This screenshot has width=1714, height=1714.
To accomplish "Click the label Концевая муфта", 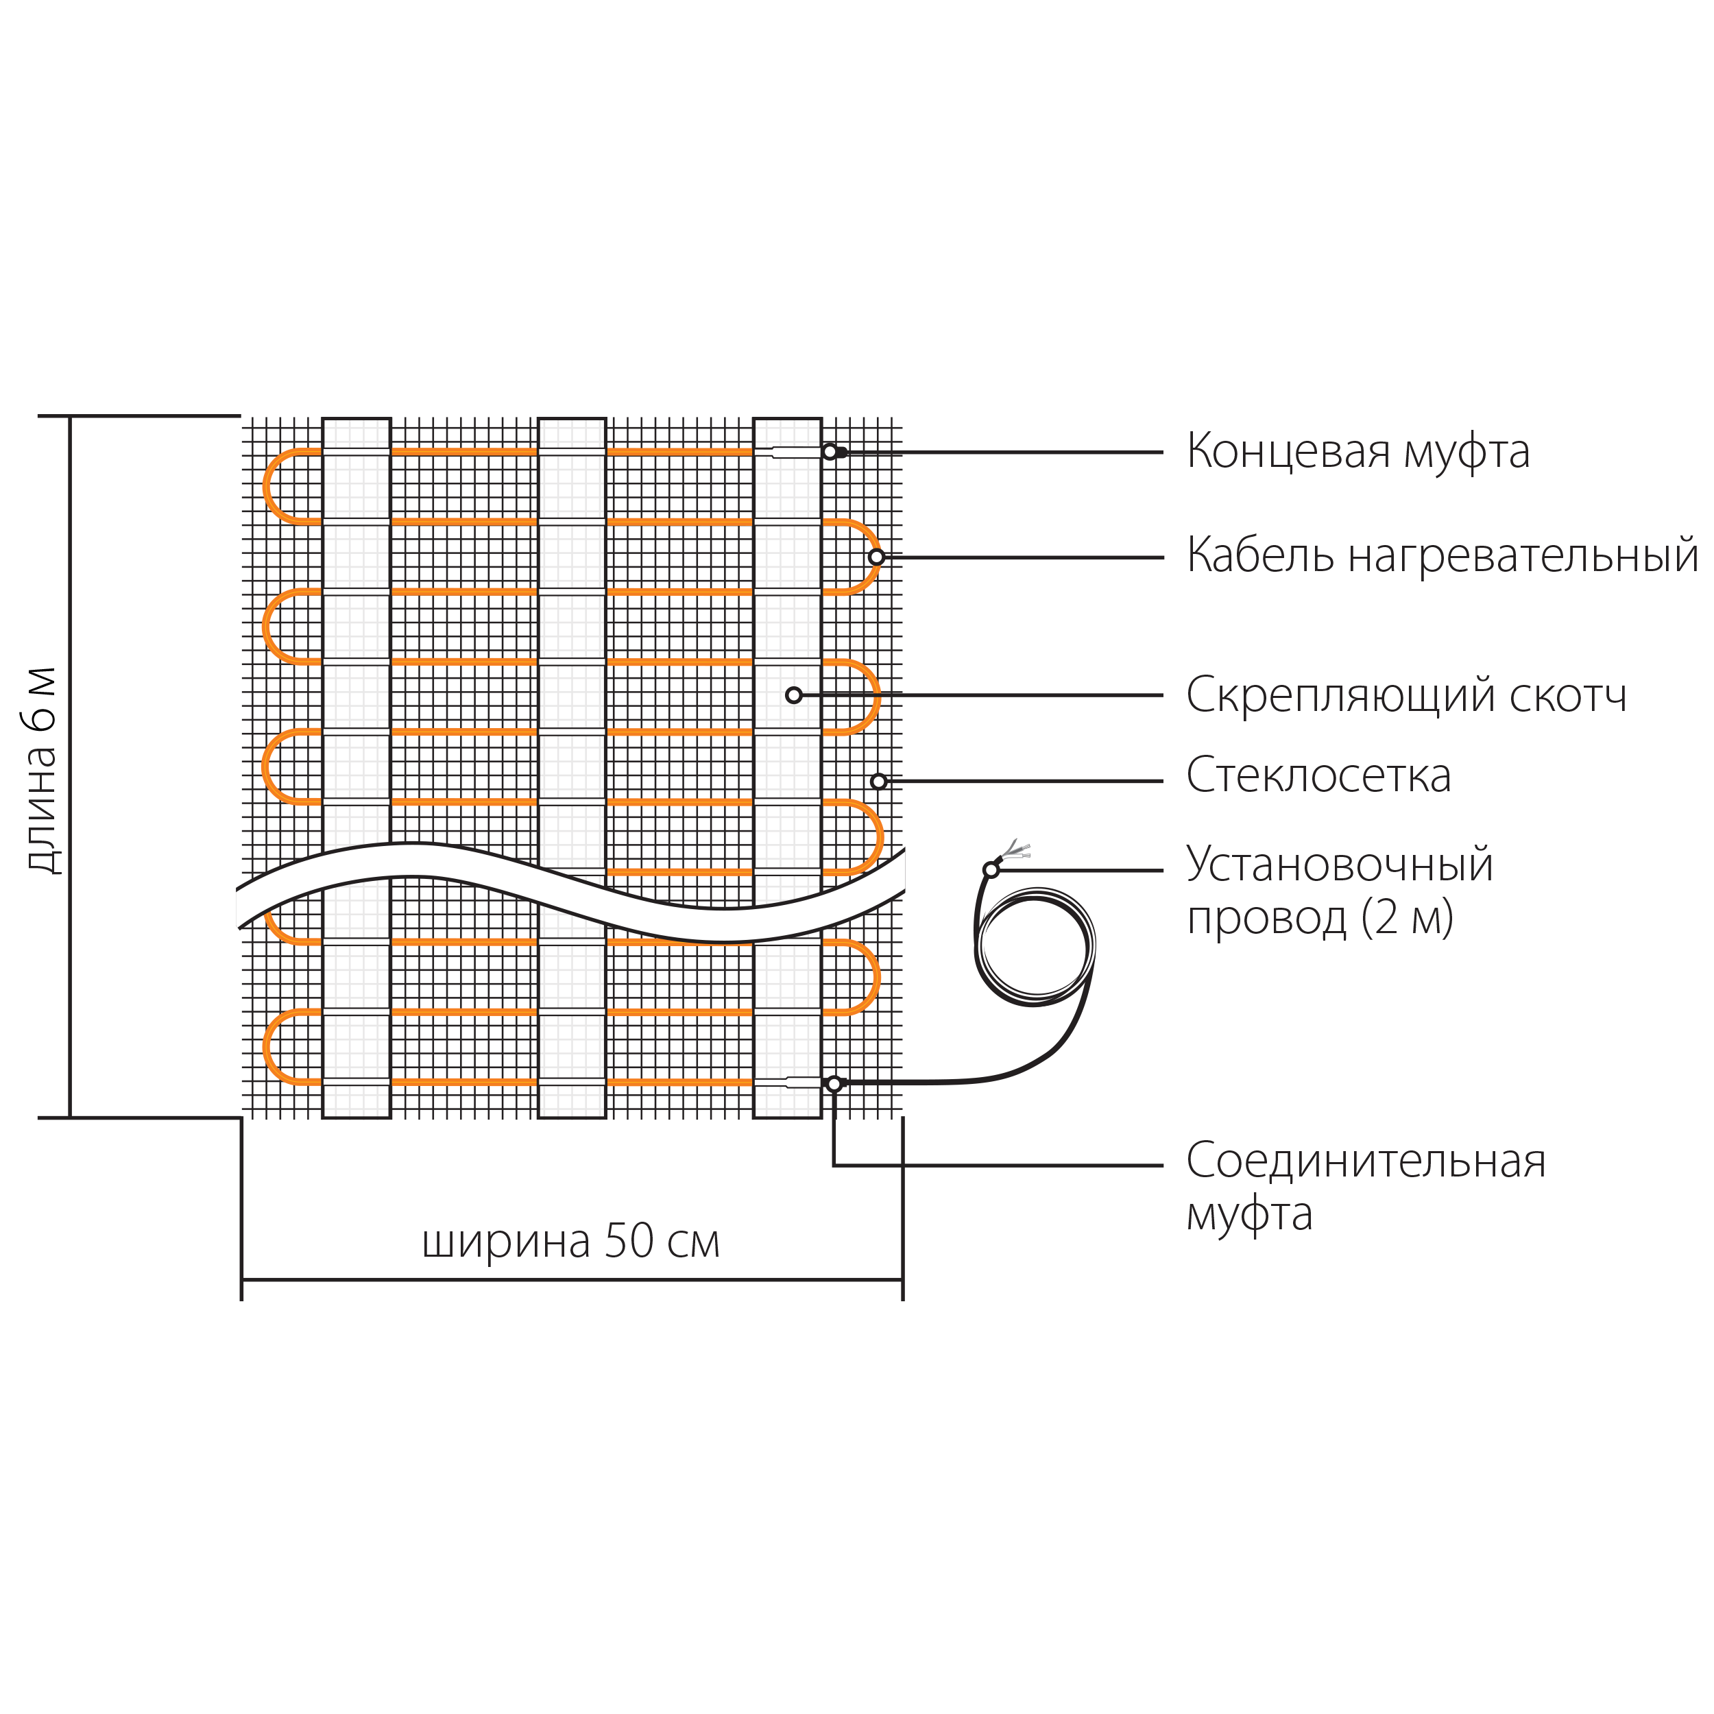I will tap(1357, 452).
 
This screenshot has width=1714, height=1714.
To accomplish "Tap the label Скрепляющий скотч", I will tap(1406, 695).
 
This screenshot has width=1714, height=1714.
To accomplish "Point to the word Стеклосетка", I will tap(1318, 775).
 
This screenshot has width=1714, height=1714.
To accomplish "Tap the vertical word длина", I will tap(42, 809).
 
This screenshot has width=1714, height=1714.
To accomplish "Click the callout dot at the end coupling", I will tap(830, 452).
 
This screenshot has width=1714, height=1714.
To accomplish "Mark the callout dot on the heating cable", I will tap(876, 557).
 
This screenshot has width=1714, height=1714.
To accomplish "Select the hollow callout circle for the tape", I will tap(793, 695).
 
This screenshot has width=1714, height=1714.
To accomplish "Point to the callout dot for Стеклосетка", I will tap(878, 781).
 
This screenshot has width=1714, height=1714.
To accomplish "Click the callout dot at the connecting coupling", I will tap(834, 1083).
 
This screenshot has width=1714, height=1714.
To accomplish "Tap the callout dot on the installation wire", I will tap(991, 869).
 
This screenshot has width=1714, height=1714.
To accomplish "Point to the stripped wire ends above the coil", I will tap(1017, 852).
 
